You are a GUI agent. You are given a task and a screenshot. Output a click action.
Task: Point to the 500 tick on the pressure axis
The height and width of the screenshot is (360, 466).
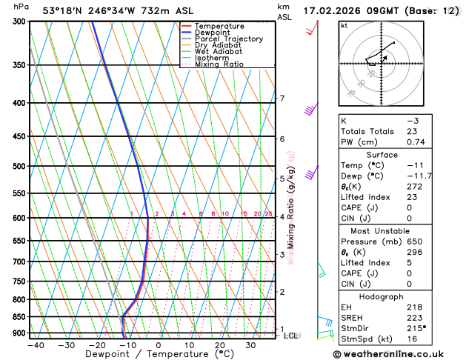pos(20,166)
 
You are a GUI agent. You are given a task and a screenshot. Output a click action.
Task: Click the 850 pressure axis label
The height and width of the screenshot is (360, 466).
pos(20,317)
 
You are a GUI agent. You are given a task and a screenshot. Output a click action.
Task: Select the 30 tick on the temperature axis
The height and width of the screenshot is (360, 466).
pos(250,345)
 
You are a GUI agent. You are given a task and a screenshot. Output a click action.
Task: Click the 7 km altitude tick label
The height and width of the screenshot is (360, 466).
pos(282,99)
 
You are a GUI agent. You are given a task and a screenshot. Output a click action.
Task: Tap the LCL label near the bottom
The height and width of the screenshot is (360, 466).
pos(291,336)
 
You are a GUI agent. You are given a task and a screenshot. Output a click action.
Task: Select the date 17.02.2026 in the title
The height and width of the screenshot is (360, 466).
pos(336,10)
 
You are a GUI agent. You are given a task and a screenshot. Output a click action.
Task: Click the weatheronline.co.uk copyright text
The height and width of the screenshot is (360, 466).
pos(396,354)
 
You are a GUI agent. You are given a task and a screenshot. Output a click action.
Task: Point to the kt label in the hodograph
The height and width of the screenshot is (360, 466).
pos(344,26)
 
